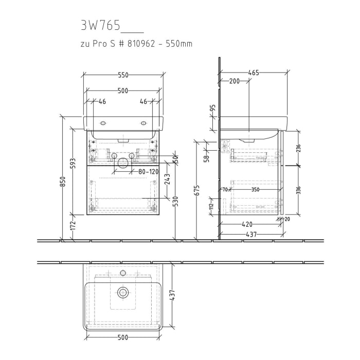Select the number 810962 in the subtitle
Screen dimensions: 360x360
point(143,44)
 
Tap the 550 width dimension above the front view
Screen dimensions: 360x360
point(123,75)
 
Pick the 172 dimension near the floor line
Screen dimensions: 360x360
point(73,225)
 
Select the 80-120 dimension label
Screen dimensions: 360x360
point(148,171)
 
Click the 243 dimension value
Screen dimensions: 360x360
point(168,180)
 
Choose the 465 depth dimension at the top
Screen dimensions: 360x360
point(254,73)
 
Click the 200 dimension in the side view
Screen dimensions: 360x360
point(235,81)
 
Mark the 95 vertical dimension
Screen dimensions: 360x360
point(212,110)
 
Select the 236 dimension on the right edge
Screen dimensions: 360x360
point(298,148)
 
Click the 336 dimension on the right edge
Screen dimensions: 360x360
point(298,189)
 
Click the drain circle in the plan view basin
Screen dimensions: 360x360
point(123,293)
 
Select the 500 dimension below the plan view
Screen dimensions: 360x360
point(123,337)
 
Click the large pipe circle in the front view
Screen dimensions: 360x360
point(123,163)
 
